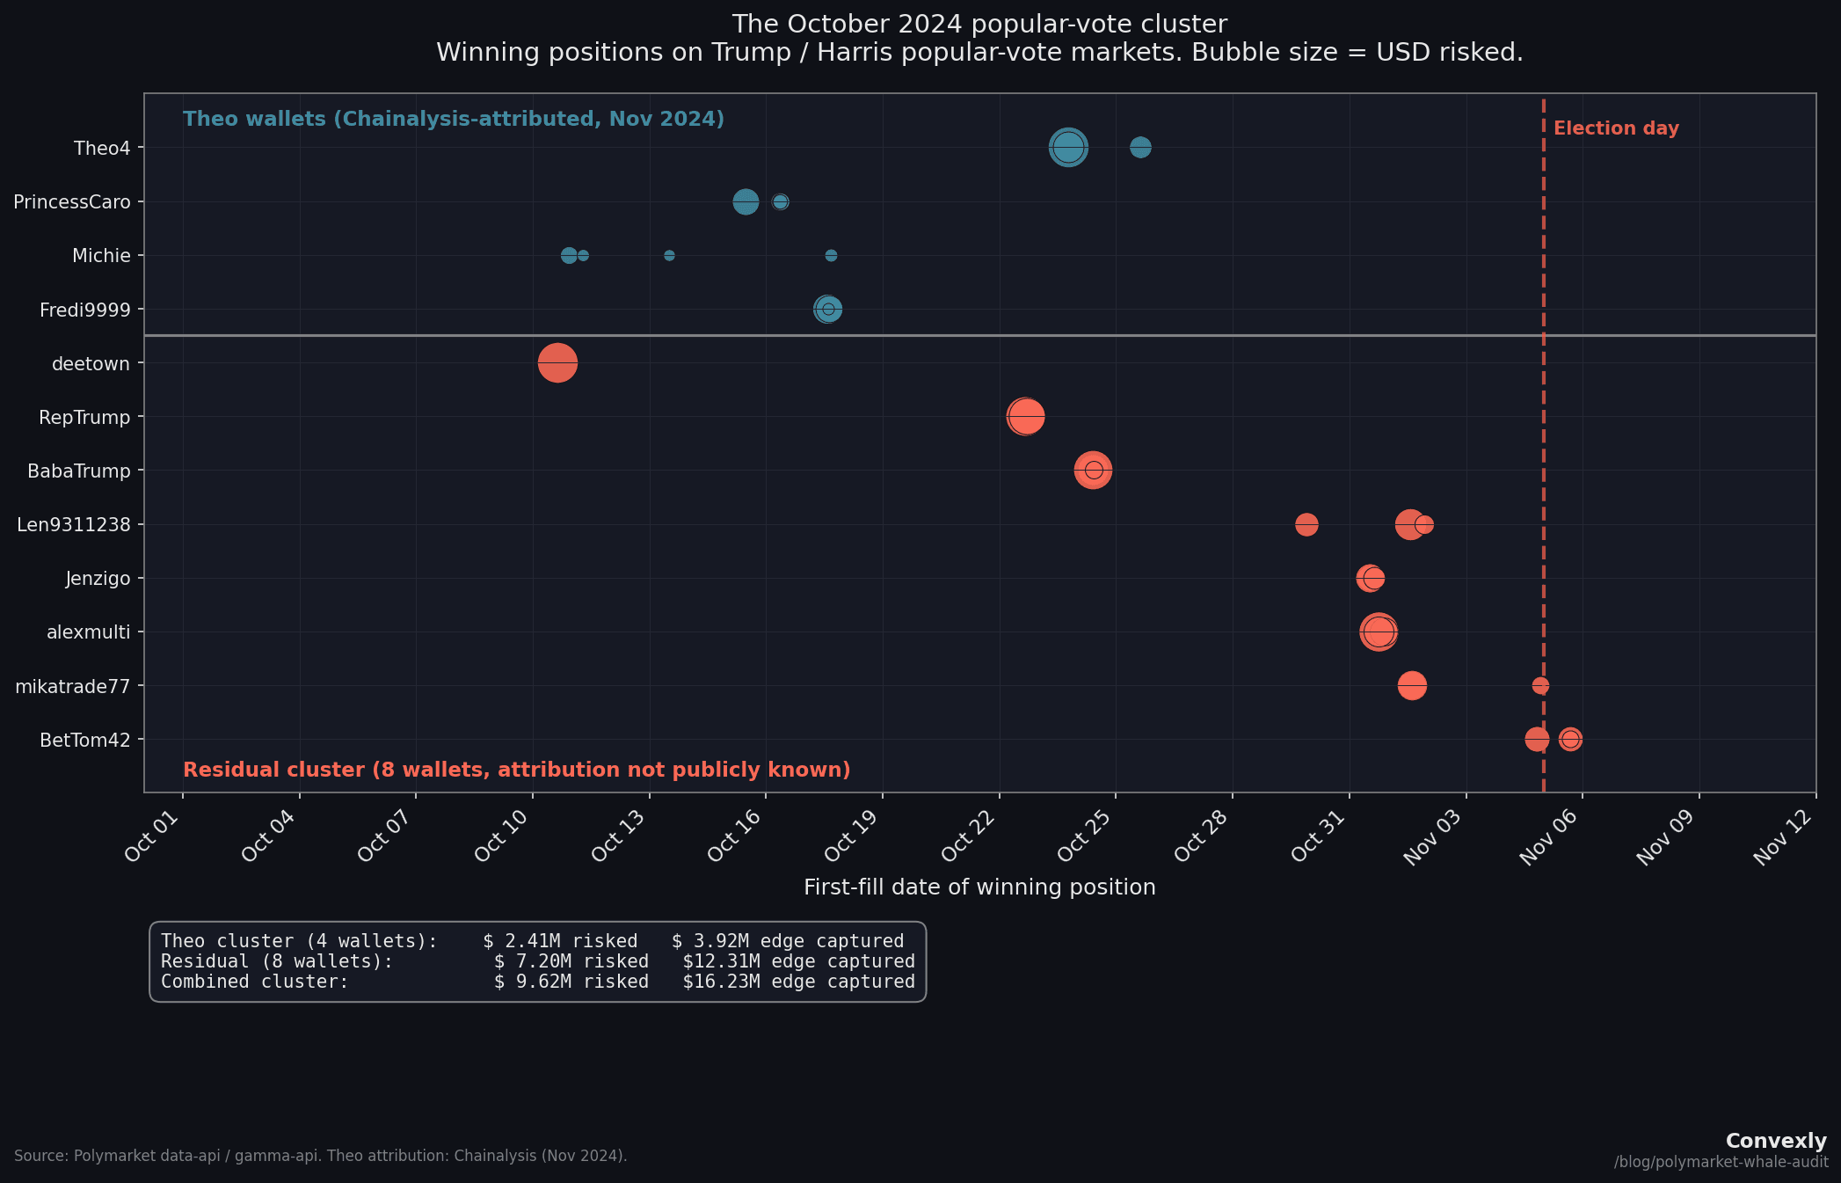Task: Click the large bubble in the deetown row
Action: tap(557, 362)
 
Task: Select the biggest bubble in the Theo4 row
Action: tap(1068, 147)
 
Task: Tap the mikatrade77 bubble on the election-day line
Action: tap(1540, 685)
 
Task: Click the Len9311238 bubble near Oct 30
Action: tap(1306, 524)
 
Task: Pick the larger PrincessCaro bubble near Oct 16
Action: tap(746, 201)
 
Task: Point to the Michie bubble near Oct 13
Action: tap(669, 255)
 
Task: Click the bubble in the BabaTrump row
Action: tap(1093, 470)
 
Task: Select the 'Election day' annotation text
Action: tap(1616, 128)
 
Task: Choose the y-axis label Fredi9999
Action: tap(84, 310)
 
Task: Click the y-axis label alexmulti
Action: tap(88, 632)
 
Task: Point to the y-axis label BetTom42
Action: tap(84, 740)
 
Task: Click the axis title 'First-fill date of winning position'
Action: tap(979, 887)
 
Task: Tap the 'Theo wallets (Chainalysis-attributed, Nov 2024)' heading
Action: tap(454, 119)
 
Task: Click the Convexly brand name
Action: tap(1775, 1141)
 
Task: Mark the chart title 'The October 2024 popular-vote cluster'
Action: tap(979, 24)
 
